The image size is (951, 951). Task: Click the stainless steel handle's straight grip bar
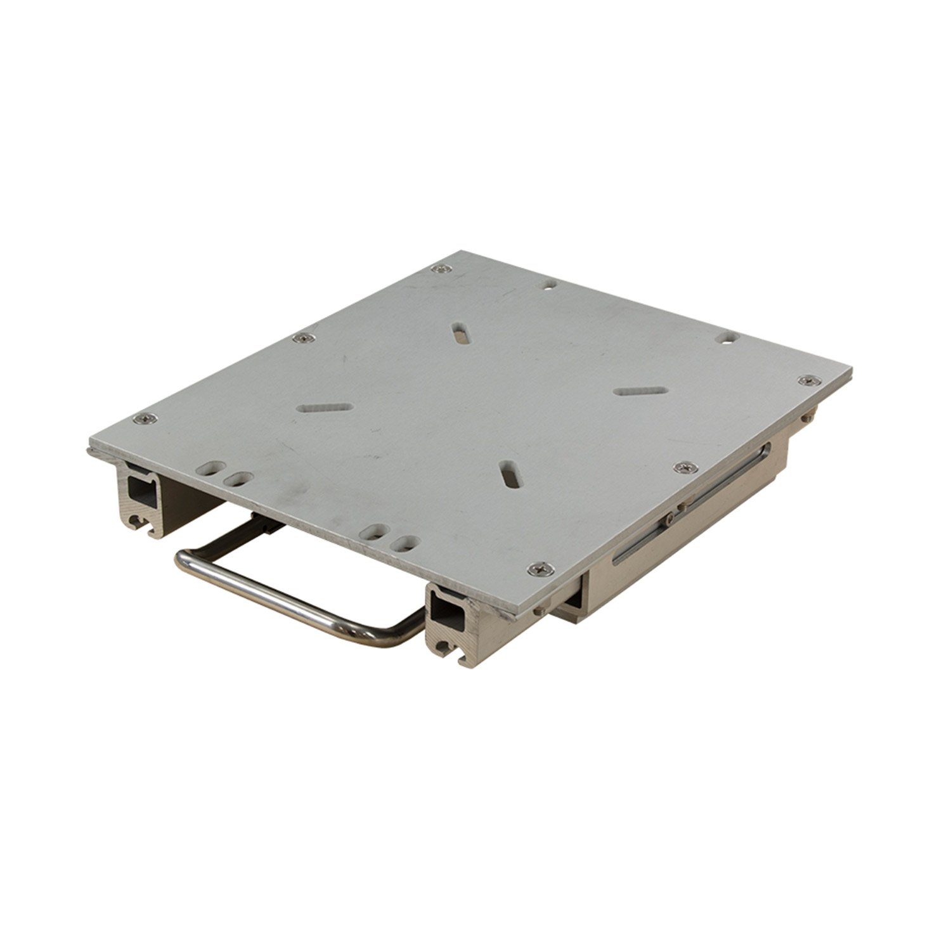click(x=266, y=593)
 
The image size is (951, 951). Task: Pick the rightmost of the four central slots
click(x=641, y=391)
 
